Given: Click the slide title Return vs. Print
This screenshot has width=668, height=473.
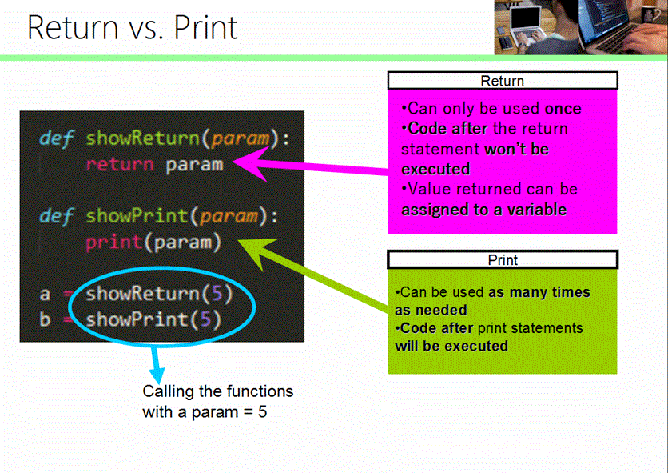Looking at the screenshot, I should point(132,27).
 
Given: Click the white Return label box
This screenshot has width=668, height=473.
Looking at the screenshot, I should point(502,81).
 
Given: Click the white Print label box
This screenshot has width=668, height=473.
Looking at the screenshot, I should point(502,260).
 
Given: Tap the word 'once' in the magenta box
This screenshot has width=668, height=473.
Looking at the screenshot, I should point(563,109).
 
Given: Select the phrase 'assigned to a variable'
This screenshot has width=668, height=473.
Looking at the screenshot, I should point(483,210).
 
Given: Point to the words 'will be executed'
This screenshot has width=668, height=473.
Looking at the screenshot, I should point(451,346).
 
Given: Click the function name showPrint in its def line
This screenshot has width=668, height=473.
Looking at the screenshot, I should point(132,216).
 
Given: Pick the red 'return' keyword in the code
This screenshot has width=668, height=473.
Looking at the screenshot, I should point(119,165).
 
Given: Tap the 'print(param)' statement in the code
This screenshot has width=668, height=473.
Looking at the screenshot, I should point(153,242).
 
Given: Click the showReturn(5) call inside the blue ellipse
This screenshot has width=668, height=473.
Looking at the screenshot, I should point(159,294).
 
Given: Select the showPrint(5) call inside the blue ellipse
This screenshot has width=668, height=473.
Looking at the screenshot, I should point(153,319).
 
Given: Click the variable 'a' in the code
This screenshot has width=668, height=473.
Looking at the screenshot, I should point(45,295).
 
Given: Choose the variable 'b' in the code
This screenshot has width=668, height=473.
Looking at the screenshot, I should point(45,320).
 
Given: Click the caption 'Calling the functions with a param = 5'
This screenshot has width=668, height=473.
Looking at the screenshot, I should point(217,402).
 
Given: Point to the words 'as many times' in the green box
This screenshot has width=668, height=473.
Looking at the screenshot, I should point(539,292).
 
